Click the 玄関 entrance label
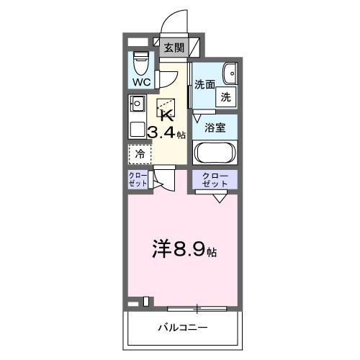tap(173, 48)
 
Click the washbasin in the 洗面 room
tap(230, 73)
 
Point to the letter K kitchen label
tap(166, 115)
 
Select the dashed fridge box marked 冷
tap(141, 153)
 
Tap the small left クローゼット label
tap(139, 180)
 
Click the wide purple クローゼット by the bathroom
tap(215, 180)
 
